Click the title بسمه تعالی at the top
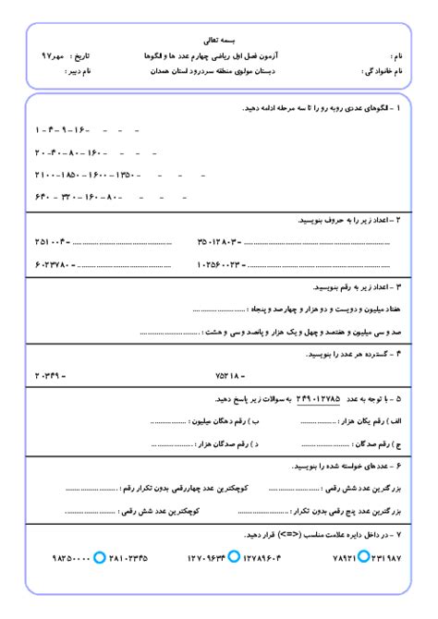coord(218,41)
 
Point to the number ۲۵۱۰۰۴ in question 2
coord(52,242)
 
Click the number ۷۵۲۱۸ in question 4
coord(227,375)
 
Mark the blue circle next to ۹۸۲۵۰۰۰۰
coord(100,557)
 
